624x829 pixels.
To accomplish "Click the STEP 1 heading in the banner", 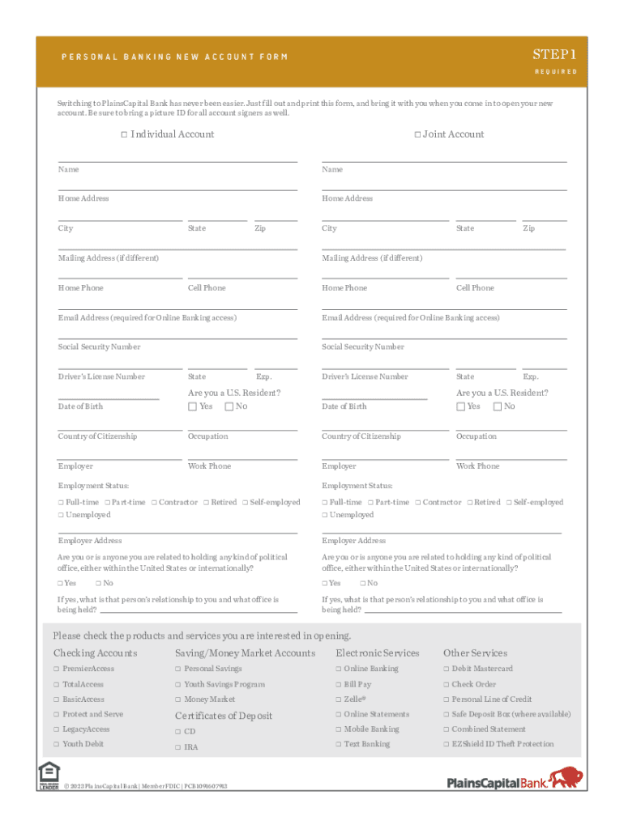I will (554, 54).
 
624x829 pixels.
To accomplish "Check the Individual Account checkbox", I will (124, 134).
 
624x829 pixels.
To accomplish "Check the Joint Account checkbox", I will (417, 134).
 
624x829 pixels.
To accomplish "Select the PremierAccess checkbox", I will (57, 669).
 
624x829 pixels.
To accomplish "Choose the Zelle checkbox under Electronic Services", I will (339, 699).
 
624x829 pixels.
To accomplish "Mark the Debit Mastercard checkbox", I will (446, 669).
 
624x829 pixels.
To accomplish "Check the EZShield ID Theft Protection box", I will (446, 744).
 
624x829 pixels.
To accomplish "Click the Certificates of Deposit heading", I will (224, 716).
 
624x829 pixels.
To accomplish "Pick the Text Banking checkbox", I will (339, 744).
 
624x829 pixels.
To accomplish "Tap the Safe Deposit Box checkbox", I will (446, 714).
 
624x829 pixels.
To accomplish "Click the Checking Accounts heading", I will (95, 653).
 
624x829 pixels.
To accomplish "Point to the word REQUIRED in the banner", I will (555, 72).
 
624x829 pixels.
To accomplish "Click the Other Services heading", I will (475, 653).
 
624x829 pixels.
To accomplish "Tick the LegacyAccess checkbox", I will (57, 729).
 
